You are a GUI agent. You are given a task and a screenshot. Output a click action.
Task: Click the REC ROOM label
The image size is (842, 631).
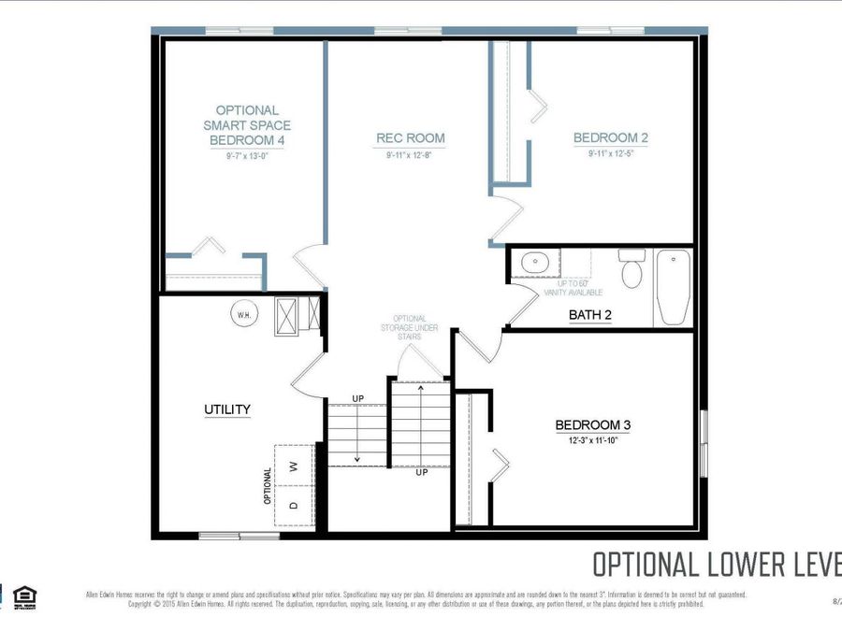pyautogui.click(x=411, y=138)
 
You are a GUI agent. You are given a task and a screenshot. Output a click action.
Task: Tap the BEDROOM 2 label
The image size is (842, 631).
pyautogui.click(x=610, y=138)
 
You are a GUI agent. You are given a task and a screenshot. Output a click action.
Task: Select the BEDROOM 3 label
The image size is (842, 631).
pyautogui.click(x=592, y=425)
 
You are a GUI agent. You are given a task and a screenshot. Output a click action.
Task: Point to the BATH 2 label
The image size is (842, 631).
pyautogui.click(x=590, y=315)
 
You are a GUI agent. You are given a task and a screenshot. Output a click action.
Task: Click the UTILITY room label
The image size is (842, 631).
pyautogui.click(x=227, y=409)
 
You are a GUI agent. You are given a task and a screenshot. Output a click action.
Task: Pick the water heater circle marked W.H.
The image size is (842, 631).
pyautogui.click(x=242, y=314)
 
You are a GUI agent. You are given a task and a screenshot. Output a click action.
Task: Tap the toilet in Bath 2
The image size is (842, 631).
pyautogui.click(x=631, y=269)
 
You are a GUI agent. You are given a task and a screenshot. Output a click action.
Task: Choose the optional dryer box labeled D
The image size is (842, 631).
pyautogui.click(x=293, y=506)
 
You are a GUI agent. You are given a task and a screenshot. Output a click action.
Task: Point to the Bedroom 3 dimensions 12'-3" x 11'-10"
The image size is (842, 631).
pyautogui.click(x=592, y=440)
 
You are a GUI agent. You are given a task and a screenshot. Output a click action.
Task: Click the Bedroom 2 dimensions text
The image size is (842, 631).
pyautogui.click(x=610, y=154)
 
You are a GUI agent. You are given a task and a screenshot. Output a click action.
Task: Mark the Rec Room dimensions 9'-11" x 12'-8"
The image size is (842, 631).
pyautogui.click(x=411, y=154)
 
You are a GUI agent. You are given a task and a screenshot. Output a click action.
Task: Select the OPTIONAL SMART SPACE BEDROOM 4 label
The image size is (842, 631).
pyautogui.click(x=247, y=125)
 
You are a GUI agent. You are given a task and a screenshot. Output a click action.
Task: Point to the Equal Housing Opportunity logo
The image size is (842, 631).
pyautogui.click(x=25, y=595)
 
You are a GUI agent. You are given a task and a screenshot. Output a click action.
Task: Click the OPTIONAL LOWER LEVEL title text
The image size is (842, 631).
pyautogui.click(x=717, y=565)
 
